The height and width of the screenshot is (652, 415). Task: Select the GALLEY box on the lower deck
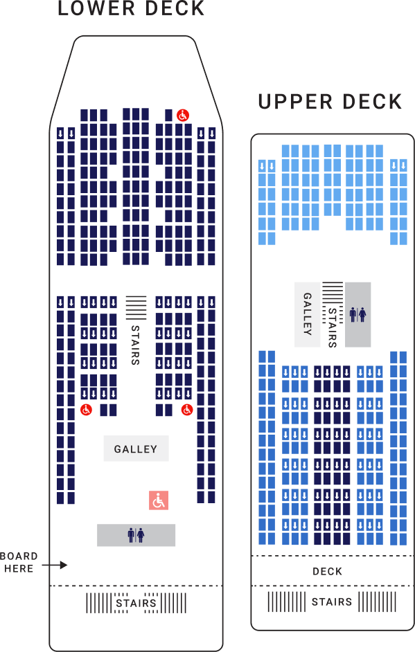136,449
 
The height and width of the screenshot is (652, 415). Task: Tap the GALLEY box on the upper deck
307,314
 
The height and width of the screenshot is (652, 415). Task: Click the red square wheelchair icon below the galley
159,500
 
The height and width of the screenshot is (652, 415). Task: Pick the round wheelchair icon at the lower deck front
182,115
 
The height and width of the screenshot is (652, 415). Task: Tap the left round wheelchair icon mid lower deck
86,410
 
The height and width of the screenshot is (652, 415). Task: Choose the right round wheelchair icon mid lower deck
187,410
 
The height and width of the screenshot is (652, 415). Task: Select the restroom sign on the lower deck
136,535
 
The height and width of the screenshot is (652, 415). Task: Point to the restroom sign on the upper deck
357,314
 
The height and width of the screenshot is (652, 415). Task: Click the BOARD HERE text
19,563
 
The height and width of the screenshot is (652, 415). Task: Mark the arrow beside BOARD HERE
55,565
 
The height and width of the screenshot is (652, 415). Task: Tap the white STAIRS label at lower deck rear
136,603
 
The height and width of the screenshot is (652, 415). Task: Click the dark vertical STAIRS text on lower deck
135,345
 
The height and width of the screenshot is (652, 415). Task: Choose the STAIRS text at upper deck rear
332,602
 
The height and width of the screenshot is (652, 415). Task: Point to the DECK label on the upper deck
328,572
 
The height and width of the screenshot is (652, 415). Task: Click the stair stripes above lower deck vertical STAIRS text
136,307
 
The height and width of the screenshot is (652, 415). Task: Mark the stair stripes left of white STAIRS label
98,603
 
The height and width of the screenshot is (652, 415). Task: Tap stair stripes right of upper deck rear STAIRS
377,602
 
